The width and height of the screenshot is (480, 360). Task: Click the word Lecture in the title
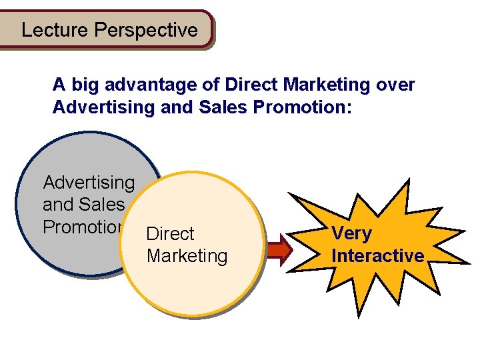(55, 30)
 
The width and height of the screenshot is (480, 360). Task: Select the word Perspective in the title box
(146, 31)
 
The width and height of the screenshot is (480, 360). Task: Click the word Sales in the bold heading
(217, 107)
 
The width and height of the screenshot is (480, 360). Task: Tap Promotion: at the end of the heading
(298, 107)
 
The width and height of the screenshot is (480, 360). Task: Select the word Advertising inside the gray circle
(89, 183)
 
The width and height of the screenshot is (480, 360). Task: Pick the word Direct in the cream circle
(170, 234)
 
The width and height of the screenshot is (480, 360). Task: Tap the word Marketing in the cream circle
(187, 256)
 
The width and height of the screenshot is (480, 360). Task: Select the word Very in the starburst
(351, 234)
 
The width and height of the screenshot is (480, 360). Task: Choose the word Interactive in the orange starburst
(377, 256)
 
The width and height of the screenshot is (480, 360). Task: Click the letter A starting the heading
(59, 85)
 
